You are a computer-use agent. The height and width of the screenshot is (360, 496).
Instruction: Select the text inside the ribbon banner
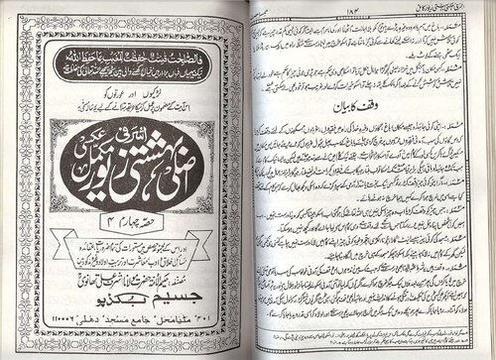(x=133, y=248)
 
